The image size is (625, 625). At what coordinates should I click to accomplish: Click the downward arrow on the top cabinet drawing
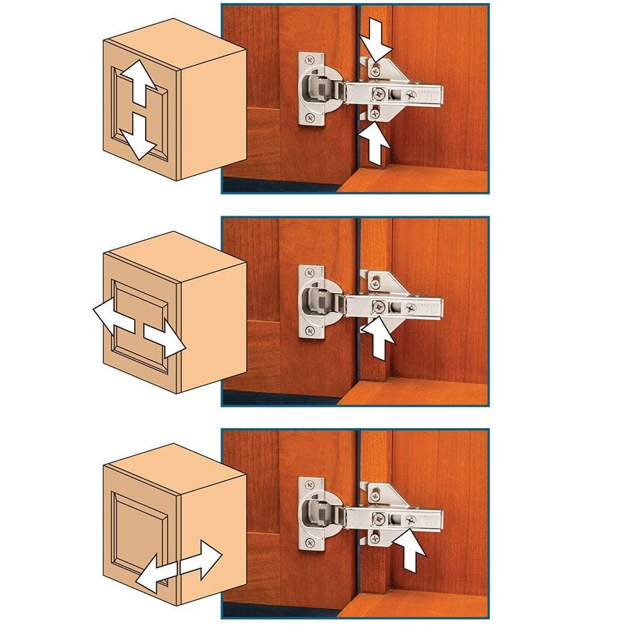(x=138, y=139)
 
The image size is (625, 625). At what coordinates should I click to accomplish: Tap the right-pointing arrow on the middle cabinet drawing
(x=166, y=338)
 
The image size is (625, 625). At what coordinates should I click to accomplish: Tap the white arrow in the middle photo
(x=378, y=338)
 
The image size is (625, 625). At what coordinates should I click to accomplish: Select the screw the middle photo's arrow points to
(x=379, y=306)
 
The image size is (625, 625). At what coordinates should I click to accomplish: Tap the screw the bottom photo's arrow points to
(x=411, y=519)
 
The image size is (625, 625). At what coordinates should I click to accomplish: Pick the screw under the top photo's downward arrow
(x=374, y=71)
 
